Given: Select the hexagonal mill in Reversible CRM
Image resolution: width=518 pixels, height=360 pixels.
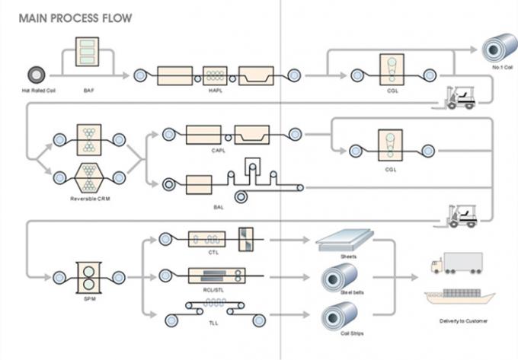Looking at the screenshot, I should [90, 177].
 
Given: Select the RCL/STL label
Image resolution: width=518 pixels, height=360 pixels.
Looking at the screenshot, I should [214, 290].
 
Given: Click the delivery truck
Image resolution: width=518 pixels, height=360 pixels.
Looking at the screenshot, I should [456, 263].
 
